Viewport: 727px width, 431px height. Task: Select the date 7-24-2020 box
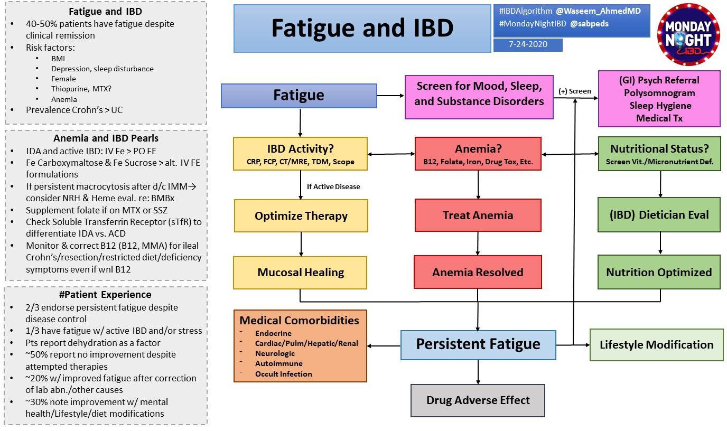527,45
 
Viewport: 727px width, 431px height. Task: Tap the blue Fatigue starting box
299,96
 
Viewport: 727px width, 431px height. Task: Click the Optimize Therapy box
301,215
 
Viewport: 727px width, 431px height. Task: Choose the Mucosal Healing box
301,273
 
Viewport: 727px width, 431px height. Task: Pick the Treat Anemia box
478,215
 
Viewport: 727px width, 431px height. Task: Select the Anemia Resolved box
478,273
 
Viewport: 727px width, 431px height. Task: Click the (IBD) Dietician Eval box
659,215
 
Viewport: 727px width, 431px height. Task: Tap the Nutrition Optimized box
659,273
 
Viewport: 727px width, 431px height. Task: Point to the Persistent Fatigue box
478,345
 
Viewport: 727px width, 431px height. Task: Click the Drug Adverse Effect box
478,400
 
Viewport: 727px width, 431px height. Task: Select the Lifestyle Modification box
656,345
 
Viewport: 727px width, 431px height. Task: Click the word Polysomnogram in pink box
659,92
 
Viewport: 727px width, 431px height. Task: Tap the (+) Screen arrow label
575,91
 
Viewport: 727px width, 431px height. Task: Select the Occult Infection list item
283,374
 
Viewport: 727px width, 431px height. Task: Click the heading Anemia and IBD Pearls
106,138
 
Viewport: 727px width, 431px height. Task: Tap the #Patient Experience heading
106,295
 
